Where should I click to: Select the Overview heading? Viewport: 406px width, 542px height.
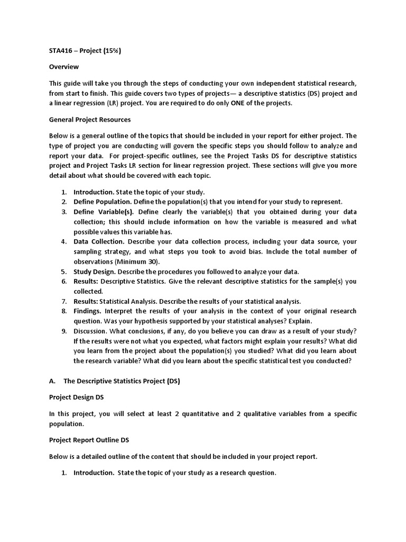pyautogui.click(x=64, y=67)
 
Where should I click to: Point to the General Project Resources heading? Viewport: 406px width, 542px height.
pyautogui.click(x=90, y=120)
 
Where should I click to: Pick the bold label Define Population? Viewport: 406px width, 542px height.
pyautogui.click(x=103, y=202)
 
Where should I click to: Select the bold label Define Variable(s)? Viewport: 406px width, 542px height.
pyautogui.click(x=104, y=212)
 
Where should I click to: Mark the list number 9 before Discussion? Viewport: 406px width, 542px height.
pyautogui.click(x=64, y=331)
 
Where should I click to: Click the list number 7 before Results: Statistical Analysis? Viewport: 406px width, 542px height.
pyautogui.click(x=64, y=301)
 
